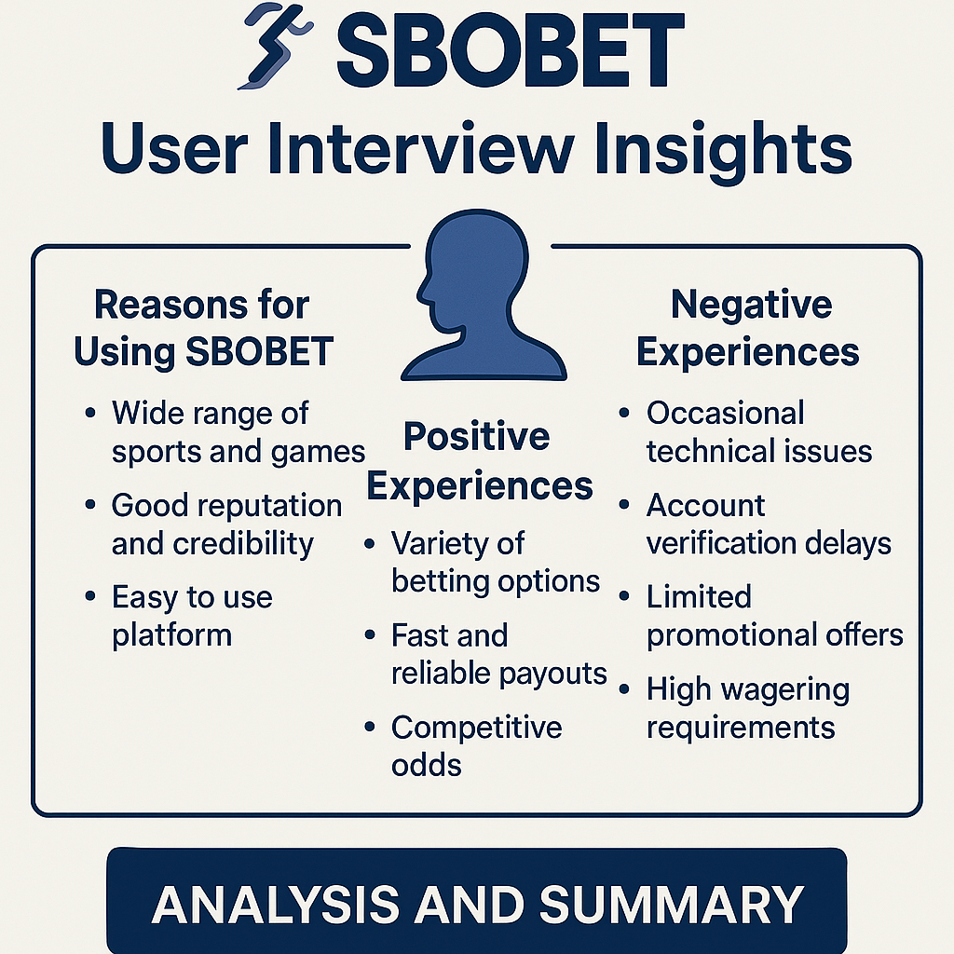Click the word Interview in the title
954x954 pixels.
(x=420, y=148)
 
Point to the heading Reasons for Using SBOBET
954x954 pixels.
(x=203, y=329)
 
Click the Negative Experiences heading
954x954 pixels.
(x=748, y=329)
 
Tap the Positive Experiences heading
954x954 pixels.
(x=480, y=461)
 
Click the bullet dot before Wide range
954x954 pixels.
(x=90, y=413)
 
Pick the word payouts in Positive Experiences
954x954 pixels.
(x=552, y=675)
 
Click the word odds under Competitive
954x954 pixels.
(x=427, y=766)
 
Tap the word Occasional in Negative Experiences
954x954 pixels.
(x=725, y=413)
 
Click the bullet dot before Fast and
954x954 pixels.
(x=369, y=635)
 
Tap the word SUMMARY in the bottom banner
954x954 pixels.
(x=672, y=905)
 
